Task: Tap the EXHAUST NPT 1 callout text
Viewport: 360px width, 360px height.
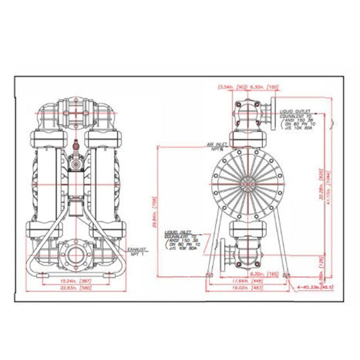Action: tap(136, 252)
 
